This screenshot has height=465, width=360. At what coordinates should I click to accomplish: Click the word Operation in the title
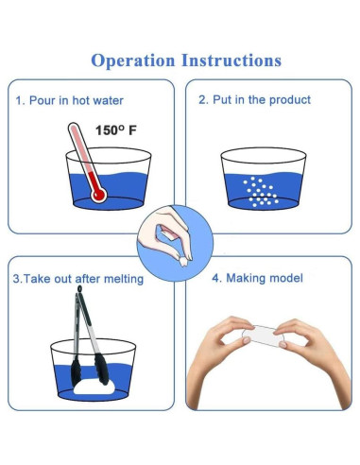click(x=133, y=60)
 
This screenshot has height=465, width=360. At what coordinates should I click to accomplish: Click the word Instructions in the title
click(x=231, y=60)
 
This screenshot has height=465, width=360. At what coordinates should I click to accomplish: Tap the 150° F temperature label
click(x=116, y=130)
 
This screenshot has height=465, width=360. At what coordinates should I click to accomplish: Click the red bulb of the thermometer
click(x=98, y=195)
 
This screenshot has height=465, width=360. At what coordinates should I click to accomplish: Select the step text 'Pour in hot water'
click(x=77, y=100)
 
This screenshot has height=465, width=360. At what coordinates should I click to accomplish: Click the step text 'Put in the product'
click(x=262, y=100)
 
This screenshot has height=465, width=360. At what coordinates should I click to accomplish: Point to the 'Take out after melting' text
click(x=83, y=279)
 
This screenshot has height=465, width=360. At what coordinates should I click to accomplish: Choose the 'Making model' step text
click(x=265, y=278)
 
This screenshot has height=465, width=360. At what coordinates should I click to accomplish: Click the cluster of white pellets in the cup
click(x=261, y=192)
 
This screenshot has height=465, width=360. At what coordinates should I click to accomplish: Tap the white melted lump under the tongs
click(x=94, y=387)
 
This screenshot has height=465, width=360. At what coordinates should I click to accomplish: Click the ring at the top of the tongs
click(x=79, y=288)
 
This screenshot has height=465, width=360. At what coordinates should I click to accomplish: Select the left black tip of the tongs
click(x=76, y=371)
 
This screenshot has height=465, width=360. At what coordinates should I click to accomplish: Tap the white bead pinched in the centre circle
click(x=183, y=262)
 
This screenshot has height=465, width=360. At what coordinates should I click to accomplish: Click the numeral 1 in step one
click(x=19, y=101)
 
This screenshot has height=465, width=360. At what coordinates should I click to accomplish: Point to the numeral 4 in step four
click(x=215, y=279)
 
